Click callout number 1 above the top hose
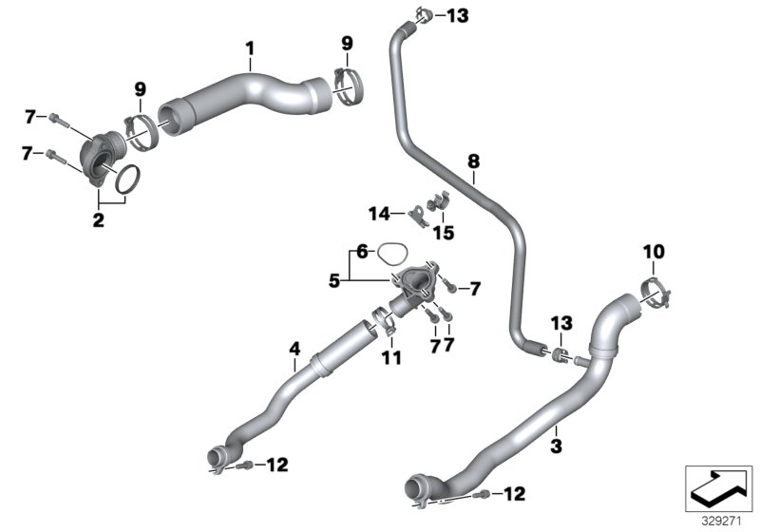point(250,47)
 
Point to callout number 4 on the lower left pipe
point(294,349)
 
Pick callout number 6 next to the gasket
point(361,252)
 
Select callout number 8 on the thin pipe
point(473,162)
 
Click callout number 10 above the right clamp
point(654,252)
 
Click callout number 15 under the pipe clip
point(444,233)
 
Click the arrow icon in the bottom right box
point(718,487)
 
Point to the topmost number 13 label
point(457,15)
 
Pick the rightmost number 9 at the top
point(347,43)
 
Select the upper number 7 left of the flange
point(29,117)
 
